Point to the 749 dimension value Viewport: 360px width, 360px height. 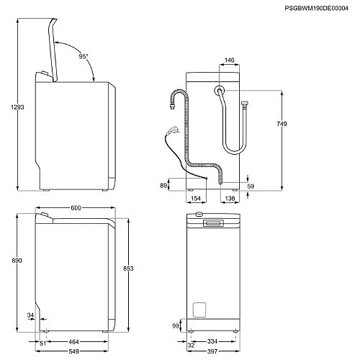point(282,125)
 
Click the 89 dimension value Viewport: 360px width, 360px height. point(164,186)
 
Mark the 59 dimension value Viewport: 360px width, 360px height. point(251,186)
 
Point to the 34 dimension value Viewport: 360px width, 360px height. point(30,315)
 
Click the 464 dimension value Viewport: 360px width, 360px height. point(73,341)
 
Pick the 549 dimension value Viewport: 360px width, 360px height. point(74,351)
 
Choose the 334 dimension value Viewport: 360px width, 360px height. point(213,341)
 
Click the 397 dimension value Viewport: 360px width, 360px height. point(213,351)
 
